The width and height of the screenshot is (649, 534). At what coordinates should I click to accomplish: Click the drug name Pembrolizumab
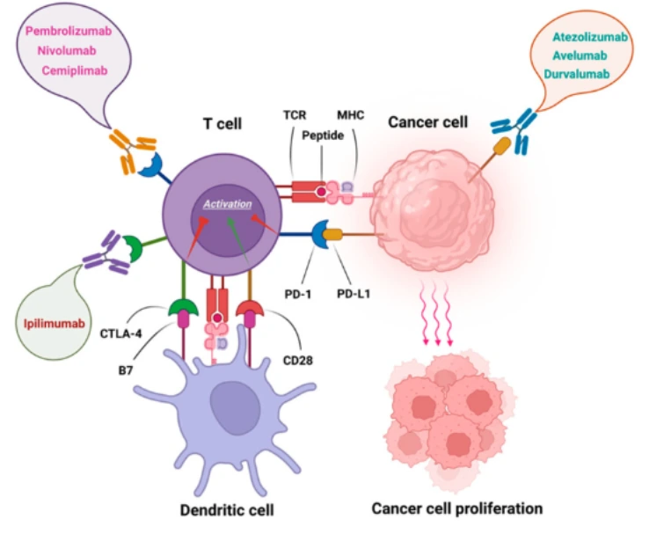69,31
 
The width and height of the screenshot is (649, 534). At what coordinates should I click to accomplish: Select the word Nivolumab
67,50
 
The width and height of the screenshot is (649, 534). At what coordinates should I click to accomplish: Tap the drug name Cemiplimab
75,70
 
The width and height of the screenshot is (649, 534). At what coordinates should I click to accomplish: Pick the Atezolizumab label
590,37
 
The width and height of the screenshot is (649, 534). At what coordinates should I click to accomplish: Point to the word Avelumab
580,55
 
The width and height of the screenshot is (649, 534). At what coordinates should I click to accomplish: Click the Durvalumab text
577,74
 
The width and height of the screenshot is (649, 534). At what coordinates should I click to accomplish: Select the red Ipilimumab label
55,323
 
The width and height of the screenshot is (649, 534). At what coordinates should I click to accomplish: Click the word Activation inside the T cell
228,204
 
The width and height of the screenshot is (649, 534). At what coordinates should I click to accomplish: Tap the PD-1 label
297,295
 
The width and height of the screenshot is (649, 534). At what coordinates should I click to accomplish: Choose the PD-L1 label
354,294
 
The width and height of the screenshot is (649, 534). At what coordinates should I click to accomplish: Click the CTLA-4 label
120,333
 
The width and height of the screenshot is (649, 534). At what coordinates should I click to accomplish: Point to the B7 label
126,370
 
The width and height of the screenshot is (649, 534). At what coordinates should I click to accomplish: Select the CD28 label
297,361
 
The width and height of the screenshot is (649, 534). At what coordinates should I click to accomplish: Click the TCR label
295,114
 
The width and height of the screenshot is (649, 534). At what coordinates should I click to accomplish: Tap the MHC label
351,114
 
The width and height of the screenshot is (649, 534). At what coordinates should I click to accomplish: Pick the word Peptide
323,135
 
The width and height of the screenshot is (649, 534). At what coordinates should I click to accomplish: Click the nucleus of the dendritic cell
235,408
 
